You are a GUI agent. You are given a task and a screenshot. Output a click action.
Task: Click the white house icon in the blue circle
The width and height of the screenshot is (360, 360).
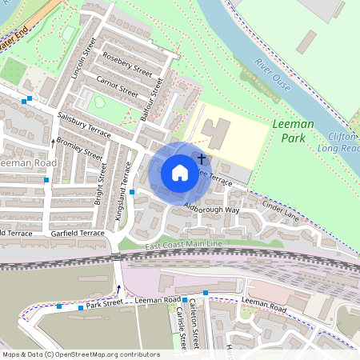point(180,173)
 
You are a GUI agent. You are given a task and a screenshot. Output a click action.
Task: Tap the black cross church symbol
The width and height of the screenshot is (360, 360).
point(202,159)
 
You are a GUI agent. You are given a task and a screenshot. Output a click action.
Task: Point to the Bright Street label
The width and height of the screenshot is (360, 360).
point(100,185)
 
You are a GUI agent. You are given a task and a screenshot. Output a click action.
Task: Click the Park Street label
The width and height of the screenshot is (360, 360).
point(104,304)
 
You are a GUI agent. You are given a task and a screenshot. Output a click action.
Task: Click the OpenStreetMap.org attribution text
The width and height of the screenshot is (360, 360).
point(107,354)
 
